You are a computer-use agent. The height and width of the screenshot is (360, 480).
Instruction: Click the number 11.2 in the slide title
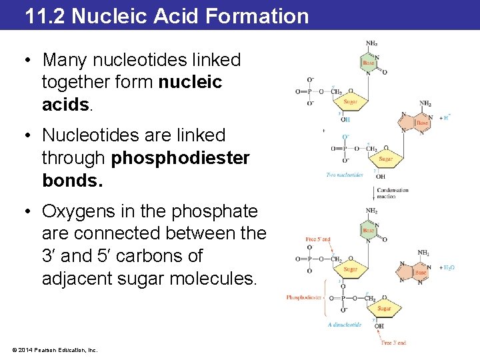click(46, 15)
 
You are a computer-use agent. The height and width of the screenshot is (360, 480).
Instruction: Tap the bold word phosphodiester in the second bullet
click(181, 158)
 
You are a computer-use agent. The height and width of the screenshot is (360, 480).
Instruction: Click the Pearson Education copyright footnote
click(54, 349)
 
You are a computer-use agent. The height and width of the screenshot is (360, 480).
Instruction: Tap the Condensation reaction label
click(393, 193)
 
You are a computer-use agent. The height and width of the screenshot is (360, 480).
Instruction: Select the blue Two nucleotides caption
click(345, 175)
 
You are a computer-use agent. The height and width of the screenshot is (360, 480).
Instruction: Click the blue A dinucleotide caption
click(345, 325)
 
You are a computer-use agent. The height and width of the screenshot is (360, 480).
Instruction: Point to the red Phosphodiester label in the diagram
click(303, 297)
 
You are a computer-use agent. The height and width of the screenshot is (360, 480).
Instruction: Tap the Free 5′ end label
click(318, 239)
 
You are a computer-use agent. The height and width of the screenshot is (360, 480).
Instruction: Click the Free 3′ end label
click(393, 343)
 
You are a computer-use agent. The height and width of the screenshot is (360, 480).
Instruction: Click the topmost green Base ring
click(369, 63)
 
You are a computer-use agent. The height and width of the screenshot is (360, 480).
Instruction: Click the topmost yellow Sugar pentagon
click(350, 101)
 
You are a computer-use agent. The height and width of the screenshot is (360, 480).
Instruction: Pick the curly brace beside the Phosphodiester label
click(325, 297)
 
